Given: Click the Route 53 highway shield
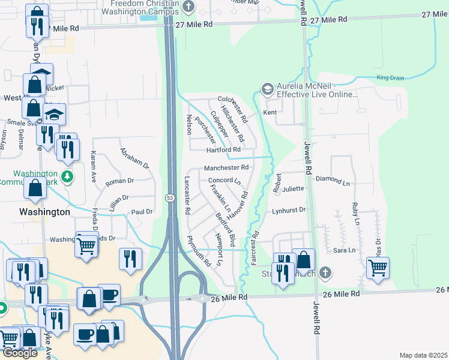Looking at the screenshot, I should pos(170,197).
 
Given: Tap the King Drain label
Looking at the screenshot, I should pos(390,77).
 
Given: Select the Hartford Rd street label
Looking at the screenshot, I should pos(223,149).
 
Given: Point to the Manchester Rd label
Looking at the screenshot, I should pos(226,168).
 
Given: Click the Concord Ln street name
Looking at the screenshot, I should pos(224,181).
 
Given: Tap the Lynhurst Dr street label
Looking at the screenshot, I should pos(289,211).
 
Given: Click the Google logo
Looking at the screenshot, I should pos(20,353).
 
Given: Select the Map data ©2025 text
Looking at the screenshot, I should pos(424,355).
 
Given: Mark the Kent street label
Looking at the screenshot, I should pos(270,113).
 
